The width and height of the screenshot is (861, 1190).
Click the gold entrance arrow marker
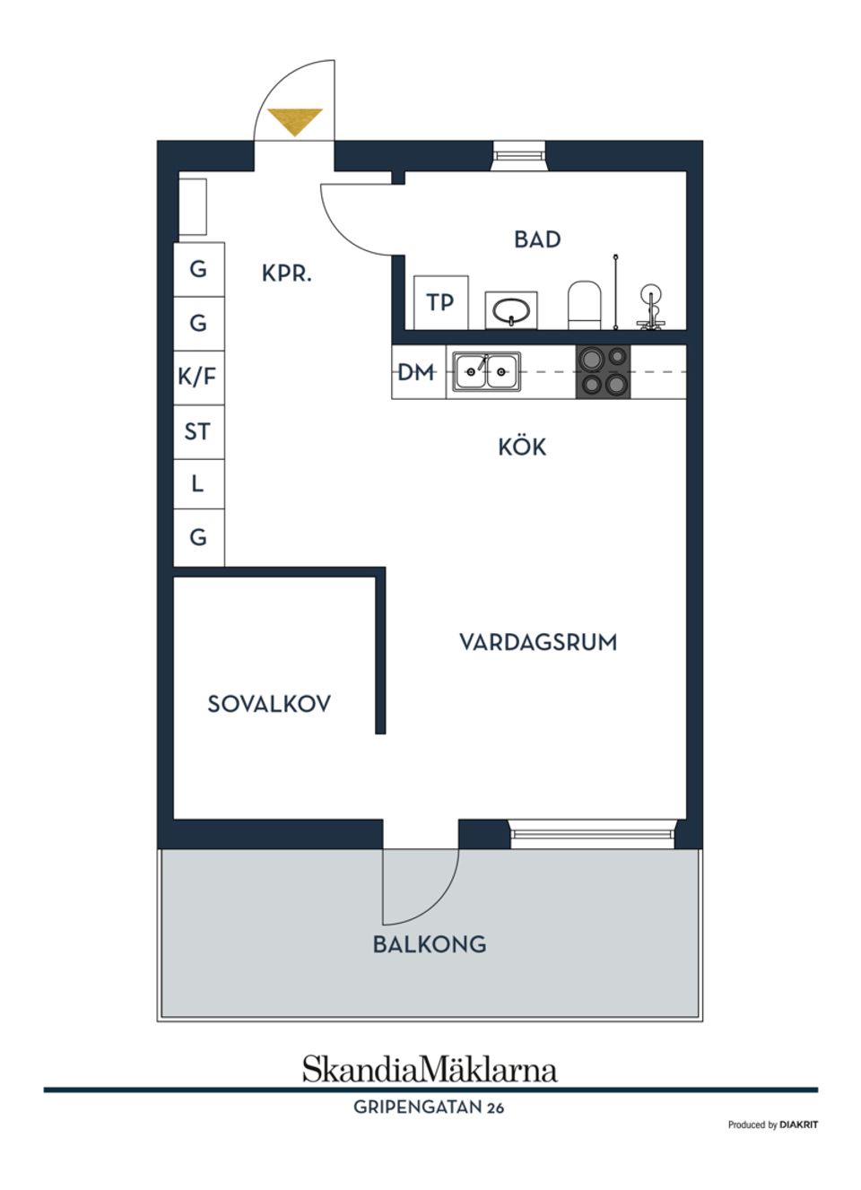(295, 122)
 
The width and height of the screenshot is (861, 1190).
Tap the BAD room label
(537, 239)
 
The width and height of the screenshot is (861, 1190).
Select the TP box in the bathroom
(441, 302)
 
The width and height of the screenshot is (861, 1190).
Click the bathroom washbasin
(510, 311)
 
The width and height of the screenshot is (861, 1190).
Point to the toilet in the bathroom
(584, 305)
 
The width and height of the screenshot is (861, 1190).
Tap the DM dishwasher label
(415, 372)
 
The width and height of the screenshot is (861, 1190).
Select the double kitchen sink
(486, 371)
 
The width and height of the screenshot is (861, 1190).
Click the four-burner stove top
(604, 372)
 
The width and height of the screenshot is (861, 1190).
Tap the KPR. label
(286, 274)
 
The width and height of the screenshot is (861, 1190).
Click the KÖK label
(522, 447)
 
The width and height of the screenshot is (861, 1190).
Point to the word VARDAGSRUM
(538, 642)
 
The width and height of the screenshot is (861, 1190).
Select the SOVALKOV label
(269, 704)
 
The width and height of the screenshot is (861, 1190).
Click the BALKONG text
(430, 944)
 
